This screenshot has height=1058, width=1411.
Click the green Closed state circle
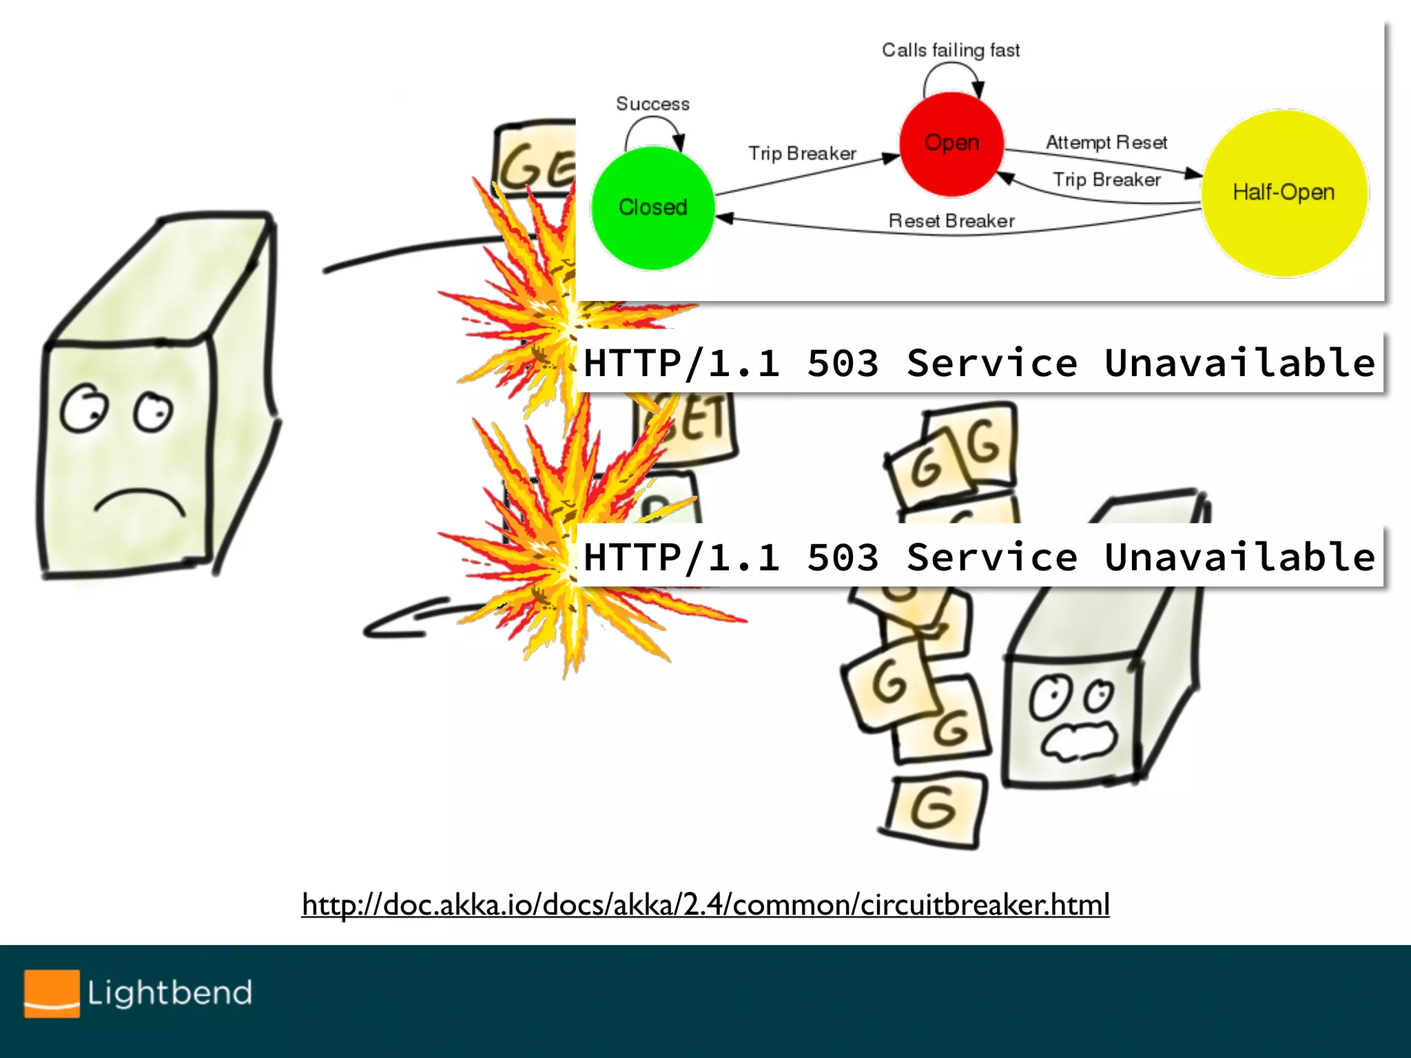tap(652, 207)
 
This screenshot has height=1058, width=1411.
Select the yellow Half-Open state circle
tap(1284, 193)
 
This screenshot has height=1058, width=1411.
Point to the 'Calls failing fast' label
tap(951, 50)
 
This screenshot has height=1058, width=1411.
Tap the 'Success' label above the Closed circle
tap(652, 104)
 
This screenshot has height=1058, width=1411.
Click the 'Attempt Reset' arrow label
tap(1106, 143)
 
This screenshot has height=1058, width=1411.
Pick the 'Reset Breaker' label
tap(951, 221)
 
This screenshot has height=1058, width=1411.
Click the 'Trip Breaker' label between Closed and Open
tap(802, 153)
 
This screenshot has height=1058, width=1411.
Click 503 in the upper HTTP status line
tap(843, 363)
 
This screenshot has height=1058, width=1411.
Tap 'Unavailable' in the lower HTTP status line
tap(1239, 557)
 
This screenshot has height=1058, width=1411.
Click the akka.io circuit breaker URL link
tap(705, 904)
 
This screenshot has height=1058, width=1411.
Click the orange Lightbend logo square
tap(52, 993)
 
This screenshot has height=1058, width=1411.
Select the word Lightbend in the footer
tap(169, 993)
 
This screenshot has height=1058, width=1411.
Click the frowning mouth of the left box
tap(139, 501)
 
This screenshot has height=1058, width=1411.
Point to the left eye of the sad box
tap(84, 408)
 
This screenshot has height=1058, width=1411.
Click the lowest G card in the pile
tap(935, 810)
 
